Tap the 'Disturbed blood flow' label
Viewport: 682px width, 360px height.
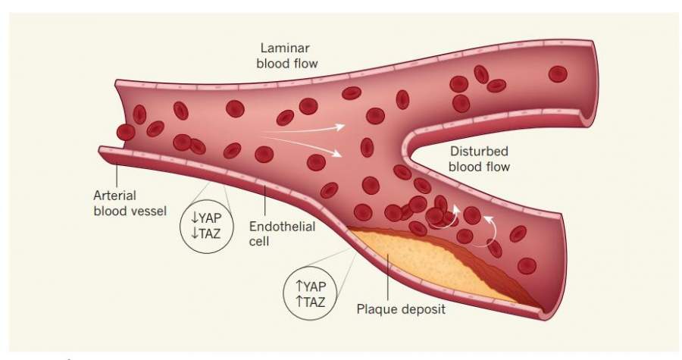tap(479, 158)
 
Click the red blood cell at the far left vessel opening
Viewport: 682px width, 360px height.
tap(125, 132)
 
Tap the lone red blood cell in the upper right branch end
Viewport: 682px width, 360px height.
tap(558, 74)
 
